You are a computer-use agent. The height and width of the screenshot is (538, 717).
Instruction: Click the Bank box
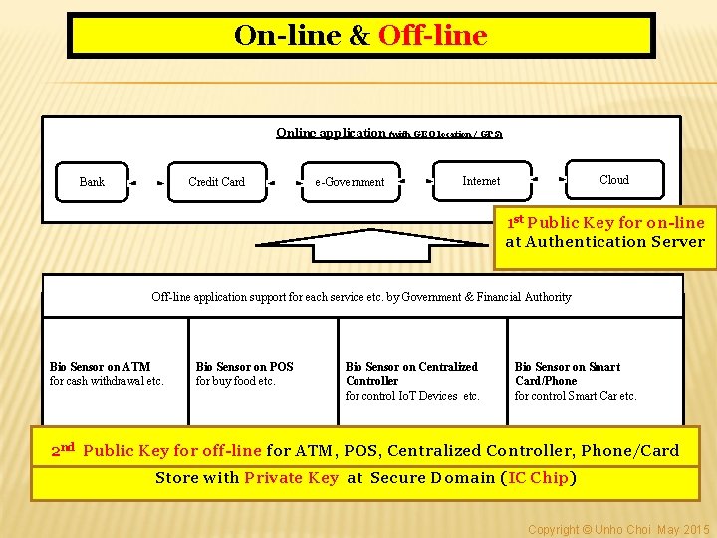pos(92,182)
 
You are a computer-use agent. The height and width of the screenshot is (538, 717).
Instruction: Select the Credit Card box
pos(216,182)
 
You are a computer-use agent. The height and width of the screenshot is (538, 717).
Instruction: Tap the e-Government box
pos(350,182)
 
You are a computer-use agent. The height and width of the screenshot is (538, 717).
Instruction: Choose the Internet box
pos(482,181)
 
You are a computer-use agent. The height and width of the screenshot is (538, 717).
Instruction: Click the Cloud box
pos(614,180)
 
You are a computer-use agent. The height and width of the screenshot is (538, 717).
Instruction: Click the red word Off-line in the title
pos(433,36)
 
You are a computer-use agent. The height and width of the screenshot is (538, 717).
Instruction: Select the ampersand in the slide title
pos(359,37)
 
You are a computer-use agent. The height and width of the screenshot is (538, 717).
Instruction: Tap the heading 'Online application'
pos(331,133)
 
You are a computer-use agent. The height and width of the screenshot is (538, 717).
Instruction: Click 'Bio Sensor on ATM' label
pos(100,367)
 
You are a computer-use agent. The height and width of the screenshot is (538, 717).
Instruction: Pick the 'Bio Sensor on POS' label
pos(245,367)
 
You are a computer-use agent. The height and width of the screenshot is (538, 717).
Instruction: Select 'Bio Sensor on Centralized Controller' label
pos(411,374)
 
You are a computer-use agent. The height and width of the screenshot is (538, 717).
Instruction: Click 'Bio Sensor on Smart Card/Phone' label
pos(567,374)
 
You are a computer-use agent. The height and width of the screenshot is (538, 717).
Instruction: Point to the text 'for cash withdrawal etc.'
pos(107,381)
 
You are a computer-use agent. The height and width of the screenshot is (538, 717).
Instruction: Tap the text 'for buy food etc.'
pos(236,381)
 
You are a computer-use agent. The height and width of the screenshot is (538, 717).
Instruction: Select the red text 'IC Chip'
pos(539,478)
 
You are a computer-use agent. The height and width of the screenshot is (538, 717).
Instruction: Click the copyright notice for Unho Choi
pos(618,529)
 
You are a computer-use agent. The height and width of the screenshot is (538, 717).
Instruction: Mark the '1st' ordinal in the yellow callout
pos(516,221)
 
